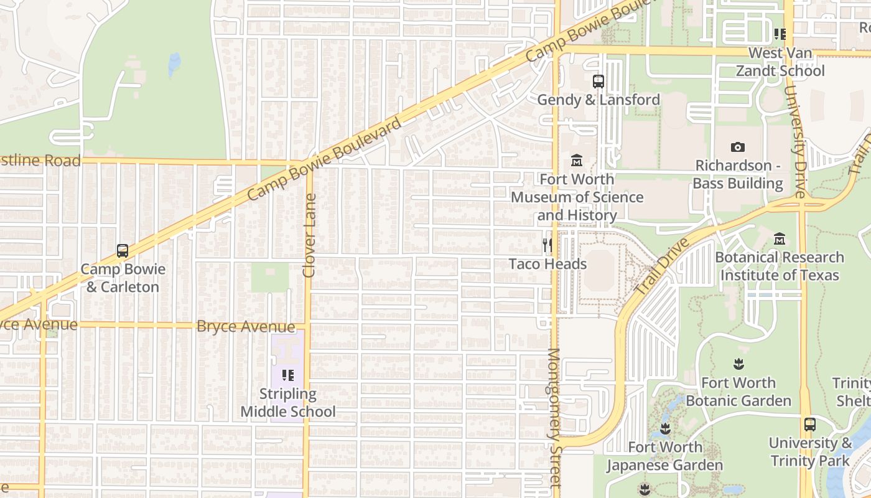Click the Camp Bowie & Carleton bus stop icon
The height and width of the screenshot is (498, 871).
pos(123,251)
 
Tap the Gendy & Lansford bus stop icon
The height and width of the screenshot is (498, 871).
pos(598,81)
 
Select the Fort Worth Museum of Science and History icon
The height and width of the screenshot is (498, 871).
pos(577,161)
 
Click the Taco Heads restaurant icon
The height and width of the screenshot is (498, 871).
pos(547,245)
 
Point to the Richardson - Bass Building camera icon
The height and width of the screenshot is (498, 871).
pos(738,147)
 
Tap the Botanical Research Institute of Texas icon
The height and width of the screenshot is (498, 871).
pos(779,239)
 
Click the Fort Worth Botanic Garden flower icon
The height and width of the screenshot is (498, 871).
pos(738,364)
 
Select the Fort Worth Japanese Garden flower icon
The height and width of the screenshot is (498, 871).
pos(664,428)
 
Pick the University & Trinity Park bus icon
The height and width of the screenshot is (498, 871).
pos(809,425)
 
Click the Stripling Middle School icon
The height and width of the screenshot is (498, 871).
pos(287,375)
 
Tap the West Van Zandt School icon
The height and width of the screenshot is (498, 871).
pos(780,34)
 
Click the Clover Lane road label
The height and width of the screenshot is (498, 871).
pos(309,235)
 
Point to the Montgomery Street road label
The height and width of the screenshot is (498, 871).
pos(554,417)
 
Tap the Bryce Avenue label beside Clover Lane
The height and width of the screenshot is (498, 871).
pos(246,327)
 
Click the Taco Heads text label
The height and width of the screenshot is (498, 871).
pos(547,264)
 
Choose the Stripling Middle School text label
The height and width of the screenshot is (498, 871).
pos(287,403)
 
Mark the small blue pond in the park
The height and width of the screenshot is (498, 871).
pos(175,63)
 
